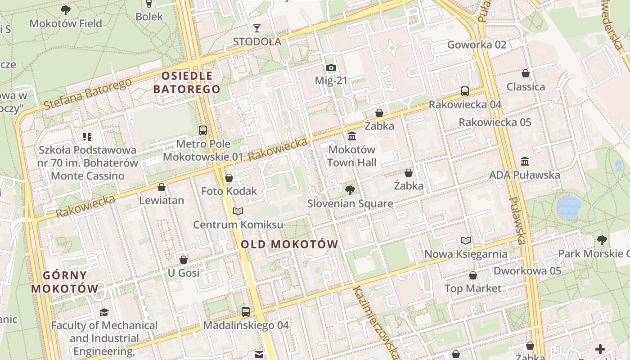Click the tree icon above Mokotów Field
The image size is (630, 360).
66,10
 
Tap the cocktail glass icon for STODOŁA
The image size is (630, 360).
256,28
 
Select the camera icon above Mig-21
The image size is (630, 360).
331,68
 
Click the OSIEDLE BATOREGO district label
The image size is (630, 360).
187,82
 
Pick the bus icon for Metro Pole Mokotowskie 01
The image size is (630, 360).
203,130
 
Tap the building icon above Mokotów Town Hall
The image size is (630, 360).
352,136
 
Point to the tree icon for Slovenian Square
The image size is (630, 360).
350,190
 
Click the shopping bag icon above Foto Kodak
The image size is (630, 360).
229,178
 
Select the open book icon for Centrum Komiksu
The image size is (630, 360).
238,211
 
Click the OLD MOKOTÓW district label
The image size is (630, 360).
289,244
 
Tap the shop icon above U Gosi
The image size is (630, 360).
184,260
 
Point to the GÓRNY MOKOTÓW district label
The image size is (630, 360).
65,282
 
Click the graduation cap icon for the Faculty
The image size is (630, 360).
104,312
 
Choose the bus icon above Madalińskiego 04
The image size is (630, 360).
246,311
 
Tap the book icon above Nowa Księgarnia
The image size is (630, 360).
466,241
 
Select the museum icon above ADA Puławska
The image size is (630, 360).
525,162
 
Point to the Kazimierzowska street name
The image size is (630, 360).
376,322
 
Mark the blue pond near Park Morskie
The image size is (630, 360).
569,208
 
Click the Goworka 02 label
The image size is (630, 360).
477,45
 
